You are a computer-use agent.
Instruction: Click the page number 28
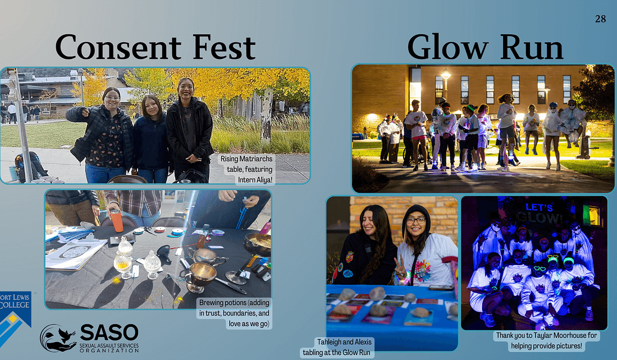click(600, 19)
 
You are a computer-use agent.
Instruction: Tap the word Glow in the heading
click(447, 47)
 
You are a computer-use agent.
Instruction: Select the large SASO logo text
click(109, 333)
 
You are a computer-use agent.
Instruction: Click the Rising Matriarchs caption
click(246, 169)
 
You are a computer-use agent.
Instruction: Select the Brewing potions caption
click(234, 313)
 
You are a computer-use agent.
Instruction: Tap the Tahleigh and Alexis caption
click(337, 347)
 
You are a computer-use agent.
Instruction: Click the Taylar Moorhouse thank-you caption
click(547, 341)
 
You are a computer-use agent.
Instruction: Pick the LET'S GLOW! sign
click(539, 213)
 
